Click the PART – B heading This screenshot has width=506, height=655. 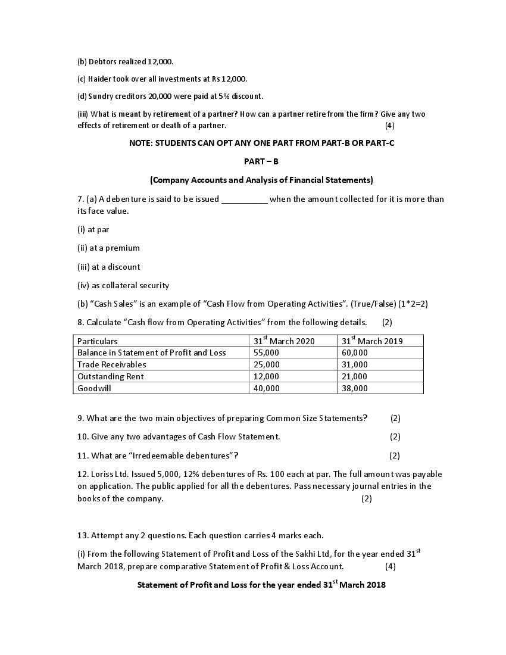(x=261, y=161)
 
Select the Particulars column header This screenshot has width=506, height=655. (x=98, y=341)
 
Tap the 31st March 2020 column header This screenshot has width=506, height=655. (x=284, y=341)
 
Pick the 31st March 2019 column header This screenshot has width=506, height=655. (x=372, y=341)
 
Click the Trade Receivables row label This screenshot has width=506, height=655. (x=111, y=364)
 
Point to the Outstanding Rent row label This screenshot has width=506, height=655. (x=110, y=376)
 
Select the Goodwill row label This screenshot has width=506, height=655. (x=94, y=388)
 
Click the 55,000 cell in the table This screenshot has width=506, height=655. (x=266, y=353)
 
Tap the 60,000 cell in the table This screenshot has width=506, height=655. (x=355, y=353)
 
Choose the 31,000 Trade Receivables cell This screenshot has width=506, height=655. (x=355, y=364)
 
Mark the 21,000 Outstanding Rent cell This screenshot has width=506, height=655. (x=355, y=376)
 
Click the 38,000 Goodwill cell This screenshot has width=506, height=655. (x=355, y=388)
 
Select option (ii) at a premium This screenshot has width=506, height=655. (x=108, y=248)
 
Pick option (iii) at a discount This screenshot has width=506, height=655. (x=109, y=267)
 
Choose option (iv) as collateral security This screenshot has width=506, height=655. (x=123, y=285)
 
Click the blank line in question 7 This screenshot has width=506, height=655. (x=244, y=200)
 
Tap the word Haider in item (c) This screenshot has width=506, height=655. (x=99, y=79)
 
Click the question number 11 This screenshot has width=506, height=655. (x=83, y=456)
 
